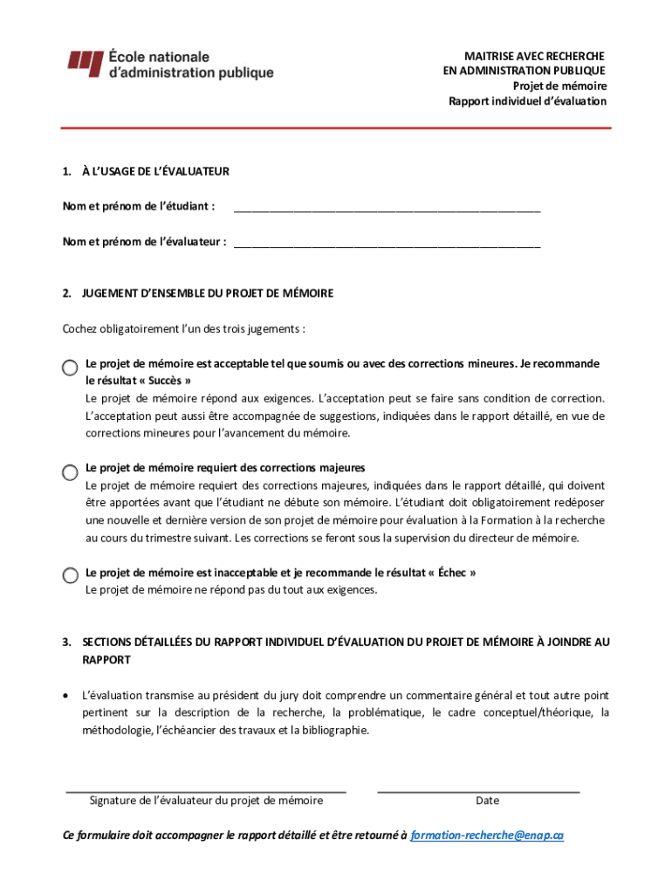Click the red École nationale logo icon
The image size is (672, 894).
pyautogui.click(x=86, y=61)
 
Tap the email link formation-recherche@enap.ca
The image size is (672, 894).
pyautogui.click(x=486, y=836)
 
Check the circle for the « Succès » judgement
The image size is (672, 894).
pyautogui.click(x=70, y=368)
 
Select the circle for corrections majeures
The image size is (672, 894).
pyautogui.click(x=70, y=472)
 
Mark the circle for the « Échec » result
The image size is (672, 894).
pyautogui.click(x=70, y=575)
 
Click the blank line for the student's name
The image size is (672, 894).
pyautogui.click(x=387, y=210)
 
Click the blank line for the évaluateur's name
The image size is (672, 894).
pyautogui.click(x=387, y=244)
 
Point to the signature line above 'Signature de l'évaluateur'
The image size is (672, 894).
pyautogui.click(x=207, y=790)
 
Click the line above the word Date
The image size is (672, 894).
pyautogui.click(x=478, y=790)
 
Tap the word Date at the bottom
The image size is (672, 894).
pyautogui.click(x=487, y=801)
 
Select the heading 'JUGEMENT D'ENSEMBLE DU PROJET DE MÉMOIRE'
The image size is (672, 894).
pyautogui.click(x=208, y=293)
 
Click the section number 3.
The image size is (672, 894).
pyautogui.click(x=66, y=643)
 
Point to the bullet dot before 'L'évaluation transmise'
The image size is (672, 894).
pyautogui.click(x=67, y=697)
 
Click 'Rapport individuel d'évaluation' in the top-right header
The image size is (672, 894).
pyautogui.click(x=527, y=101)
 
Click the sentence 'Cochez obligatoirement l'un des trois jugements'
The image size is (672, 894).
pyautogui.click(x=183, y=329)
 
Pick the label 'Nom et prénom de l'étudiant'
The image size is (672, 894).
pyautogui.click(x=138, y=206)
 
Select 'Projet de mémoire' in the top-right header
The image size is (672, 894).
pyautogui.click(x=559, y=86)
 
